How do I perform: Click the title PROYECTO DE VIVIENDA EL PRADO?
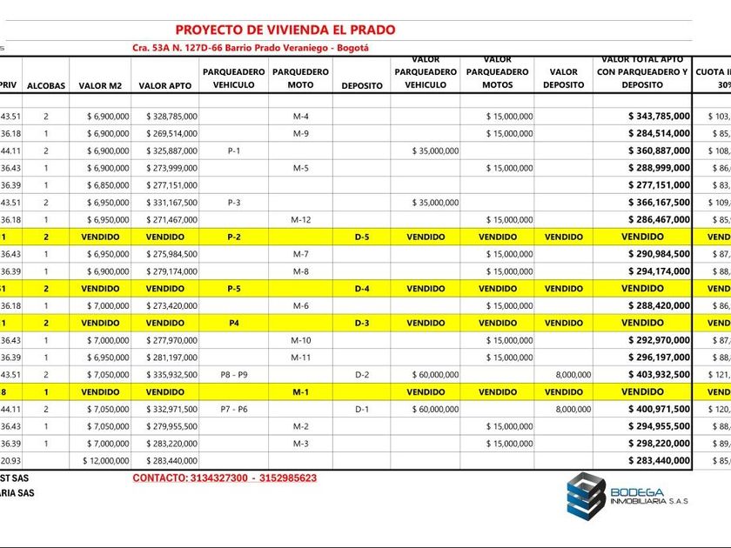point(285,30)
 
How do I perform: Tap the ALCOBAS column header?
point(46,85)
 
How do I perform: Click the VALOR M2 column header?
point(104,85)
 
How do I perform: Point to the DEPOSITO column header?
point(362,85)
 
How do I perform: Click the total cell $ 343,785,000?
point(659,117)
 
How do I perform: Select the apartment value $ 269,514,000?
point(171,134)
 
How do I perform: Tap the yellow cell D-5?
point(362,237)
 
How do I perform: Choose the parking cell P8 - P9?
point(233,374)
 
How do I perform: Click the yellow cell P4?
point(233,323)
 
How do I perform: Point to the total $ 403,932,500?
point(659,374)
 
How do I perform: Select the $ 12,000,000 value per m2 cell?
point(106,460)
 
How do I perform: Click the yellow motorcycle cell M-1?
point(300,391)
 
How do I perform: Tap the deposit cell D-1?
point(362,409)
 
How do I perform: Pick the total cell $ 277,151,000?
point(659,185)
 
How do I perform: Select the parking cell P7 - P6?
point(233,409)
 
